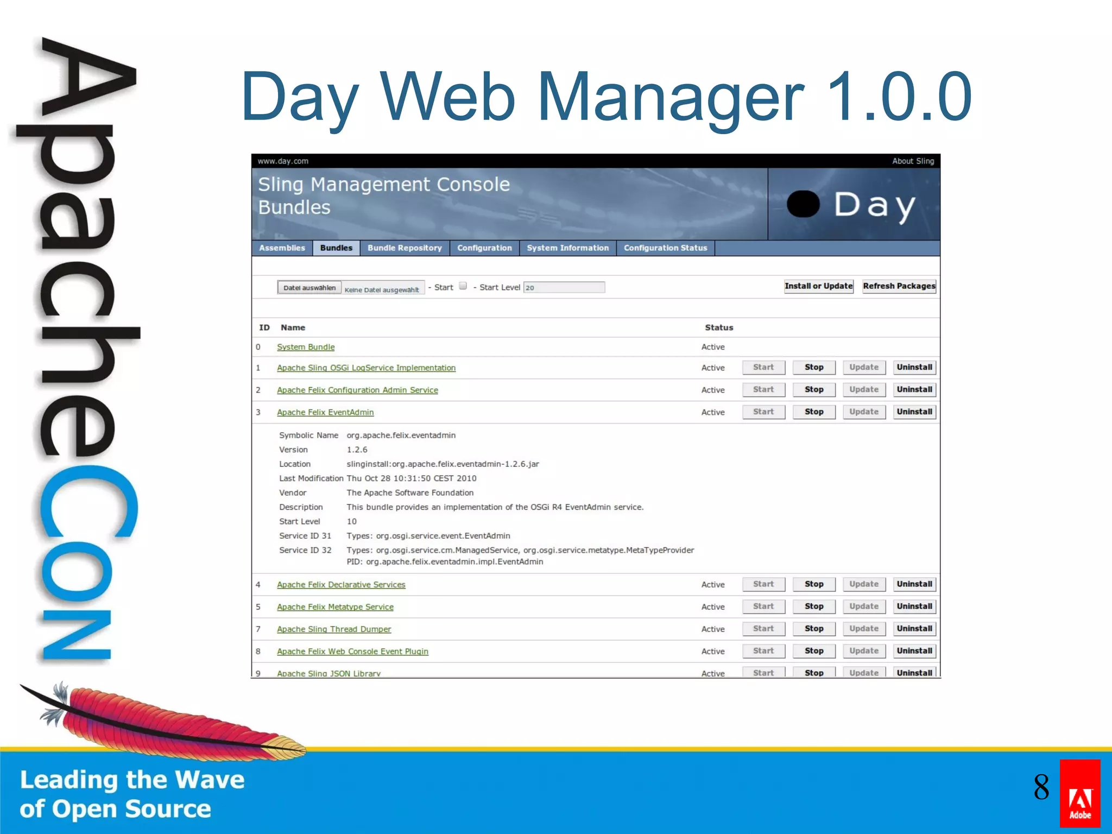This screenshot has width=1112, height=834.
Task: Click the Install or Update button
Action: tap(818, 286)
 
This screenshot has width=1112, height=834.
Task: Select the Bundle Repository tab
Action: tap(405, 248)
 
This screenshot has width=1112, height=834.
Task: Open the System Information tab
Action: tap(567, 248)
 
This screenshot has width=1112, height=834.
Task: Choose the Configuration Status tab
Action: tap(665, 248)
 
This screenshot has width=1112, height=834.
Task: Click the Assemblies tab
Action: tap(282, 248)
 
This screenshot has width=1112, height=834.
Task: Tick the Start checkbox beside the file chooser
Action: tap(463, 286)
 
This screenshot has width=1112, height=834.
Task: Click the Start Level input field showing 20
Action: tap(564, 287)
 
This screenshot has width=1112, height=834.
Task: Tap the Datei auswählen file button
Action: tap(309, 288)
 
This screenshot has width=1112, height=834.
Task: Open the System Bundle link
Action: tap(306, 347)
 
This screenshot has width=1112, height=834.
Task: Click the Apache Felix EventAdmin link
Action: tap(325, 413)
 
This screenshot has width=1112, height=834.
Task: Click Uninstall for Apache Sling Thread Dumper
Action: tap(914, 629)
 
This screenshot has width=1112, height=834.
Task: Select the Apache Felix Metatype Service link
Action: tap(335, 607)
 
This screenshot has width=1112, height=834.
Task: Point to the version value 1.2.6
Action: tap(357, 450)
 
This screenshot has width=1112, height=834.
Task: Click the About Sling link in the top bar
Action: tap(913, 161)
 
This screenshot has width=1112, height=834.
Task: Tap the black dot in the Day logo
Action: tap(803, 204)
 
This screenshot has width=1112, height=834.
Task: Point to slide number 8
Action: tap(1041, 787)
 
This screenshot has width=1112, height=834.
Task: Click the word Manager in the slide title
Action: tap(671, 97)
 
